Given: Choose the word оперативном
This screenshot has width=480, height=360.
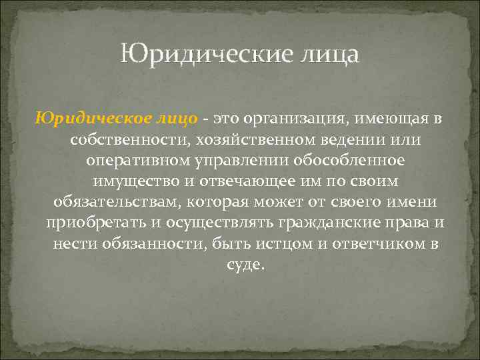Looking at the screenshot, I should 138,160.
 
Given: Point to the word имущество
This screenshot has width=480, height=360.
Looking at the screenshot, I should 129,181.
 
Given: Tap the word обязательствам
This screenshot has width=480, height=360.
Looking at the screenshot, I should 115,202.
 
